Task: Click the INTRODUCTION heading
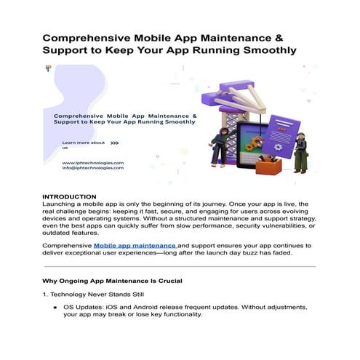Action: pyautogui.click(x=70, y=197)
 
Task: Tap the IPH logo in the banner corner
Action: pyautogui.click(x=48, y=68)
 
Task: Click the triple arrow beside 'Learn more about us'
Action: pyautogui.click(x=114, y=143)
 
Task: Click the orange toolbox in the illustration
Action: pyautogui.click(x=268, y=167)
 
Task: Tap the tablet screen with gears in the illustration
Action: pyautogui.click(x=250, y=143)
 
